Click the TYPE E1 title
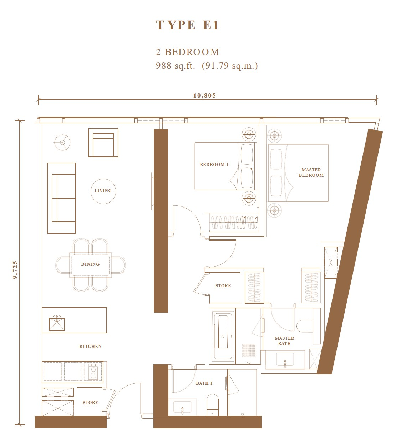click(x=187, y=25)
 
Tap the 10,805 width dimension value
click(x=204, y=96)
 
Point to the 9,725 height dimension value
click(x=15, y=270)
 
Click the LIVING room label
click(x=103, y=191)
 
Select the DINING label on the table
click(x=90, y=264)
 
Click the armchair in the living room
click(x=103, y=143)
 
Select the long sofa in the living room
click(x=62, y=198)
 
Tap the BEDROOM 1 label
click(x=214, y=165)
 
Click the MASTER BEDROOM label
click(x=311, y=173)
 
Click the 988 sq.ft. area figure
click(x=175, y=66)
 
